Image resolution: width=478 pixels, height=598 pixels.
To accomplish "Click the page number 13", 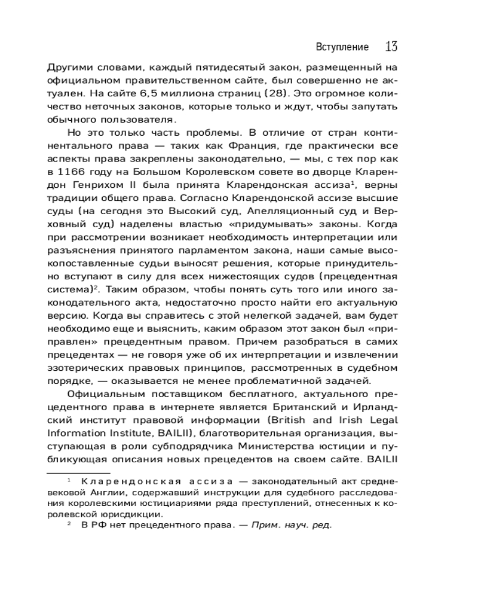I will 392,46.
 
